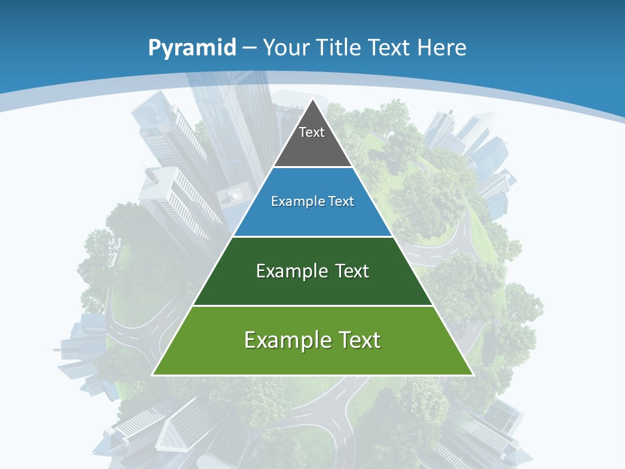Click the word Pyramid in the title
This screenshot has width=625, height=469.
click(x=192, y=48)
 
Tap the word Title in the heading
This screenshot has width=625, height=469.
click(x=339, y=48)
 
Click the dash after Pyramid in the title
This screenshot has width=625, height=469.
click(x=249, y=48)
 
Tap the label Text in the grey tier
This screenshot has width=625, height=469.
click(x=312, y=133)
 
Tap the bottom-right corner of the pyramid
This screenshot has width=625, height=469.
click(x=473, y=375)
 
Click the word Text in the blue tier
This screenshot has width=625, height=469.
click(x=340, y=202)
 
